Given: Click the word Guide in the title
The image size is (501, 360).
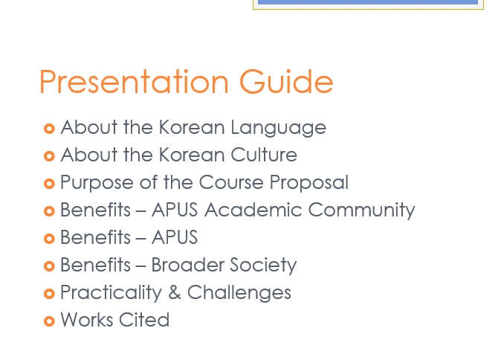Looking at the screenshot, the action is (x=286, y=81).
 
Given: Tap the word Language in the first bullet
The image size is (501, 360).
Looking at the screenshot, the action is (x=278, y=128).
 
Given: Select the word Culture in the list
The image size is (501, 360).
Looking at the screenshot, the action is (x=264, y=155).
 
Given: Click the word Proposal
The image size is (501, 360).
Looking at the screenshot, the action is (x=309, y=183).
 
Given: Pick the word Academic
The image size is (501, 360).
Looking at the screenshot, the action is (x=253, y=210).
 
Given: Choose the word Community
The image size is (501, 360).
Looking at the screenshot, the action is (x=362, y=210).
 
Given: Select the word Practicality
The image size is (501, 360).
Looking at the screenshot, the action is (x=111, y=293).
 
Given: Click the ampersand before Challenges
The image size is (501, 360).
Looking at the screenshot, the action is (x=175, y=292).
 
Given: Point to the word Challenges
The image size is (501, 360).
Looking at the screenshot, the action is (x=239, y=293).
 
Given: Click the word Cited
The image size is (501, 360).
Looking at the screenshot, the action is (x=144, y=320).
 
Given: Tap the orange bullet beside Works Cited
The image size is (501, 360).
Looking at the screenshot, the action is (x=49, y=321).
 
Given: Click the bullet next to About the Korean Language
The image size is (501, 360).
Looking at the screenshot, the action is (x=49, y=129).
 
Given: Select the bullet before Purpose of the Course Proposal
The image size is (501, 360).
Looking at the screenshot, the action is (x=49, y=184).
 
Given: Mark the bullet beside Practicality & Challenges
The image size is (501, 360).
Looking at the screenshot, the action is (x=49, y=294).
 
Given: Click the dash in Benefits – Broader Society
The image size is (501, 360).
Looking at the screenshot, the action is (x=140, y=266).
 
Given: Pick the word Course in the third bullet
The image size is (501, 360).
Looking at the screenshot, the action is (x=231, y=182).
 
